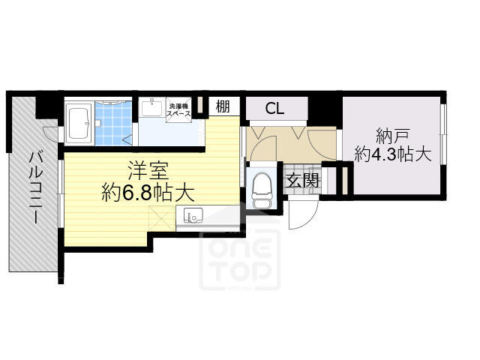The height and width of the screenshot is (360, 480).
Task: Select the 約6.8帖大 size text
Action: click(x=148, y=192)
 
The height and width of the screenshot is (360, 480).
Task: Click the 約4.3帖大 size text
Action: click(x=393, y=154)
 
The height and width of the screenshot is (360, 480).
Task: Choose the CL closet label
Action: click(x=274, y=108)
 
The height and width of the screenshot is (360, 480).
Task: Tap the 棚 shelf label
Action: click(x=223, y=106)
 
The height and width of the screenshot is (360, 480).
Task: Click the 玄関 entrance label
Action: click(x=302, y=181)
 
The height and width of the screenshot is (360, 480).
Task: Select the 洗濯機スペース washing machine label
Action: click(x=178, y=110)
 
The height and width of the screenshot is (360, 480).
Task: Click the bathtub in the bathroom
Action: click(x=79, y=123)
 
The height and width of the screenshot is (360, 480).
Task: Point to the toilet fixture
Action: click(x=262, y=190)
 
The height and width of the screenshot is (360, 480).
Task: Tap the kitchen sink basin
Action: click(x=193, y=216)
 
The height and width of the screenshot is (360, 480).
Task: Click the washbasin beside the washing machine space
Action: click(x=151, y=107)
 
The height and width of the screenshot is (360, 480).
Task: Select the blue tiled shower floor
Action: click(x=113, y=123)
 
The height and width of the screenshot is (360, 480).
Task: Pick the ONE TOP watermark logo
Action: click(x=240, y=259)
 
